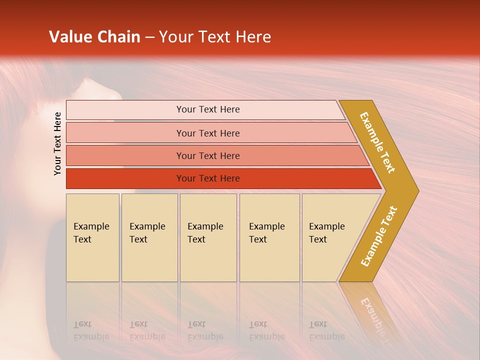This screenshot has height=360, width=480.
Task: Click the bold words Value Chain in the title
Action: pos(94,37)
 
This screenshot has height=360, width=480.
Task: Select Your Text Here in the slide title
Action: pos(215,37)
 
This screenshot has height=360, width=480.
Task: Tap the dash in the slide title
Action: pos(149,37)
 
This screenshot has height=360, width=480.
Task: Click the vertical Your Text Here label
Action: pos(57,143)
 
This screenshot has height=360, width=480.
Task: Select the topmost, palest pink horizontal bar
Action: pos(208,109)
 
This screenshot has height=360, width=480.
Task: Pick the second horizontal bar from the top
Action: pos(208,133)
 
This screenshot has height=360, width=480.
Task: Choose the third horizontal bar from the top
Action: pos(208,155)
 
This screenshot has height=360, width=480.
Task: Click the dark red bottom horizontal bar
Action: pos(208,178)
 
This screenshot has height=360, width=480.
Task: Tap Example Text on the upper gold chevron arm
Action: pos(377,142)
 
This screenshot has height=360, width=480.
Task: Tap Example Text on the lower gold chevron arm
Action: pos(379,236)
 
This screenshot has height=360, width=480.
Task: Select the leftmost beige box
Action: pos(92,237)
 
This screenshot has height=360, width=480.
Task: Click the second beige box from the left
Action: pos(149,237)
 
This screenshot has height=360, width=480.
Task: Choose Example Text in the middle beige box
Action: pos(205,233)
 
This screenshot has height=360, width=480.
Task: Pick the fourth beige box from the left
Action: pos(269,237)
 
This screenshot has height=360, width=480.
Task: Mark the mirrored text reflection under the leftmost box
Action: pos(91,330)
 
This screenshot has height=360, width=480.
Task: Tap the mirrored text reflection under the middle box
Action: pos(205,330)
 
